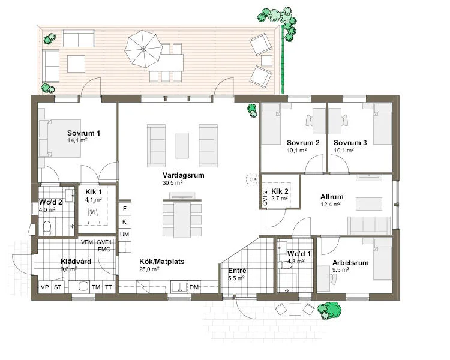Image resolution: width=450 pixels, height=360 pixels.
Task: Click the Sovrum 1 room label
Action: [83, 133]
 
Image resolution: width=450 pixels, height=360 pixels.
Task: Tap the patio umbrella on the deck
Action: [143, 49]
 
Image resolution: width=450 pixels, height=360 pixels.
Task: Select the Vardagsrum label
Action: [184, 175]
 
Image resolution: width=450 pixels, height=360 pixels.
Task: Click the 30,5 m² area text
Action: [173, 183]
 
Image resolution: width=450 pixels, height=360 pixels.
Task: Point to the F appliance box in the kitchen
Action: [125, 208]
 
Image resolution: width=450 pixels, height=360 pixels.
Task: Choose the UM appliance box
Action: [125, 235]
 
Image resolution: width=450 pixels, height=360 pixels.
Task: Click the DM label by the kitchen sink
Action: [194, 287]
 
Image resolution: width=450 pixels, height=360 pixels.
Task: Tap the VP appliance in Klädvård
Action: [45, 287]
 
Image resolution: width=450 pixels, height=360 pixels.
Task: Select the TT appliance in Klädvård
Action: [109, 287]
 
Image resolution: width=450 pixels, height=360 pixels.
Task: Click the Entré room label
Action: [237, 271]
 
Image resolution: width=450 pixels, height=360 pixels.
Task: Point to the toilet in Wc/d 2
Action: [47, 227]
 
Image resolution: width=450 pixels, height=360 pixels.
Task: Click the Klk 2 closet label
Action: [280, 191]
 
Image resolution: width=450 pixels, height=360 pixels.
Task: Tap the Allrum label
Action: [332, 197]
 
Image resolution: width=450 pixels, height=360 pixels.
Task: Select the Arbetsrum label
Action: [350, 263]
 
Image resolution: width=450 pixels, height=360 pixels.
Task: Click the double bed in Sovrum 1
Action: [59, 139]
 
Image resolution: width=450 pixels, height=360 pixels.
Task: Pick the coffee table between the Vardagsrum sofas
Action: [182, 146]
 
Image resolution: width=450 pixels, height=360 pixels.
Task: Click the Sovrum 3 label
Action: [350, 143]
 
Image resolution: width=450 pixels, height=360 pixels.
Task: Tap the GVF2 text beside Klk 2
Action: [265, 198]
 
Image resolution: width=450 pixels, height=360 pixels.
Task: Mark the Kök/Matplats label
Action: [162, 262]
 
